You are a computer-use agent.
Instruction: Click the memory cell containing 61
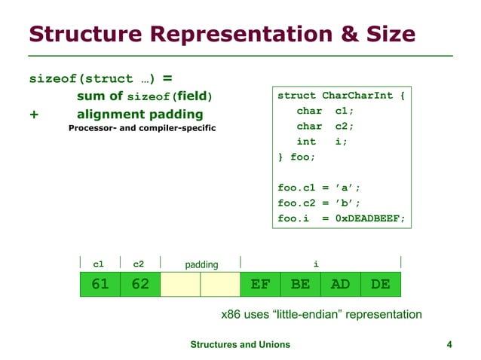[x=100, y=284]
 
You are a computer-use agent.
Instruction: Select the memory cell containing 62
[x=140, y=284]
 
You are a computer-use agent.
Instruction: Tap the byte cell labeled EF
[x=260, y=284]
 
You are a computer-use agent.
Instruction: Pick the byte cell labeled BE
[x=300, y=284]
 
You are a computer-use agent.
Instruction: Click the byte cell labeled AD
[x=340, y=284]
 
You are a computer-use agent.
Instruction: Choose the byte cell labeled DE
[x=380, y=284]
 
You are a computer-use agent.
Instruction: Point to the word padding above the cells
[x=201, y=264]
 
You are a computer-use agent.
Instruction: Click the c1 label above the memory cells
[x=98, y=264]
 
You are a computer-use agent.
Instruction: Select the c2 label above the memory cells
[x=139, y=264]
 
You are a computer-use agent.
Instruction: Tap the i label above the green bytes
[x=316, y=263]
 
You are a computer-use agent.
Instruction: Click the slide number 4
[x=449, y=344]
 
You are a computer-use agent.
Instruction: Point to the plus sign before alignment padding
[x=33, y=114]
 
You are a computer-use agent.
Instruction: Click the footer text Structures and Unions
[x=240, y=344]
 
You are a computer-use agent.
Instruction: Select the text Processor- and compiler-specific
[x=142, y=128]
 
